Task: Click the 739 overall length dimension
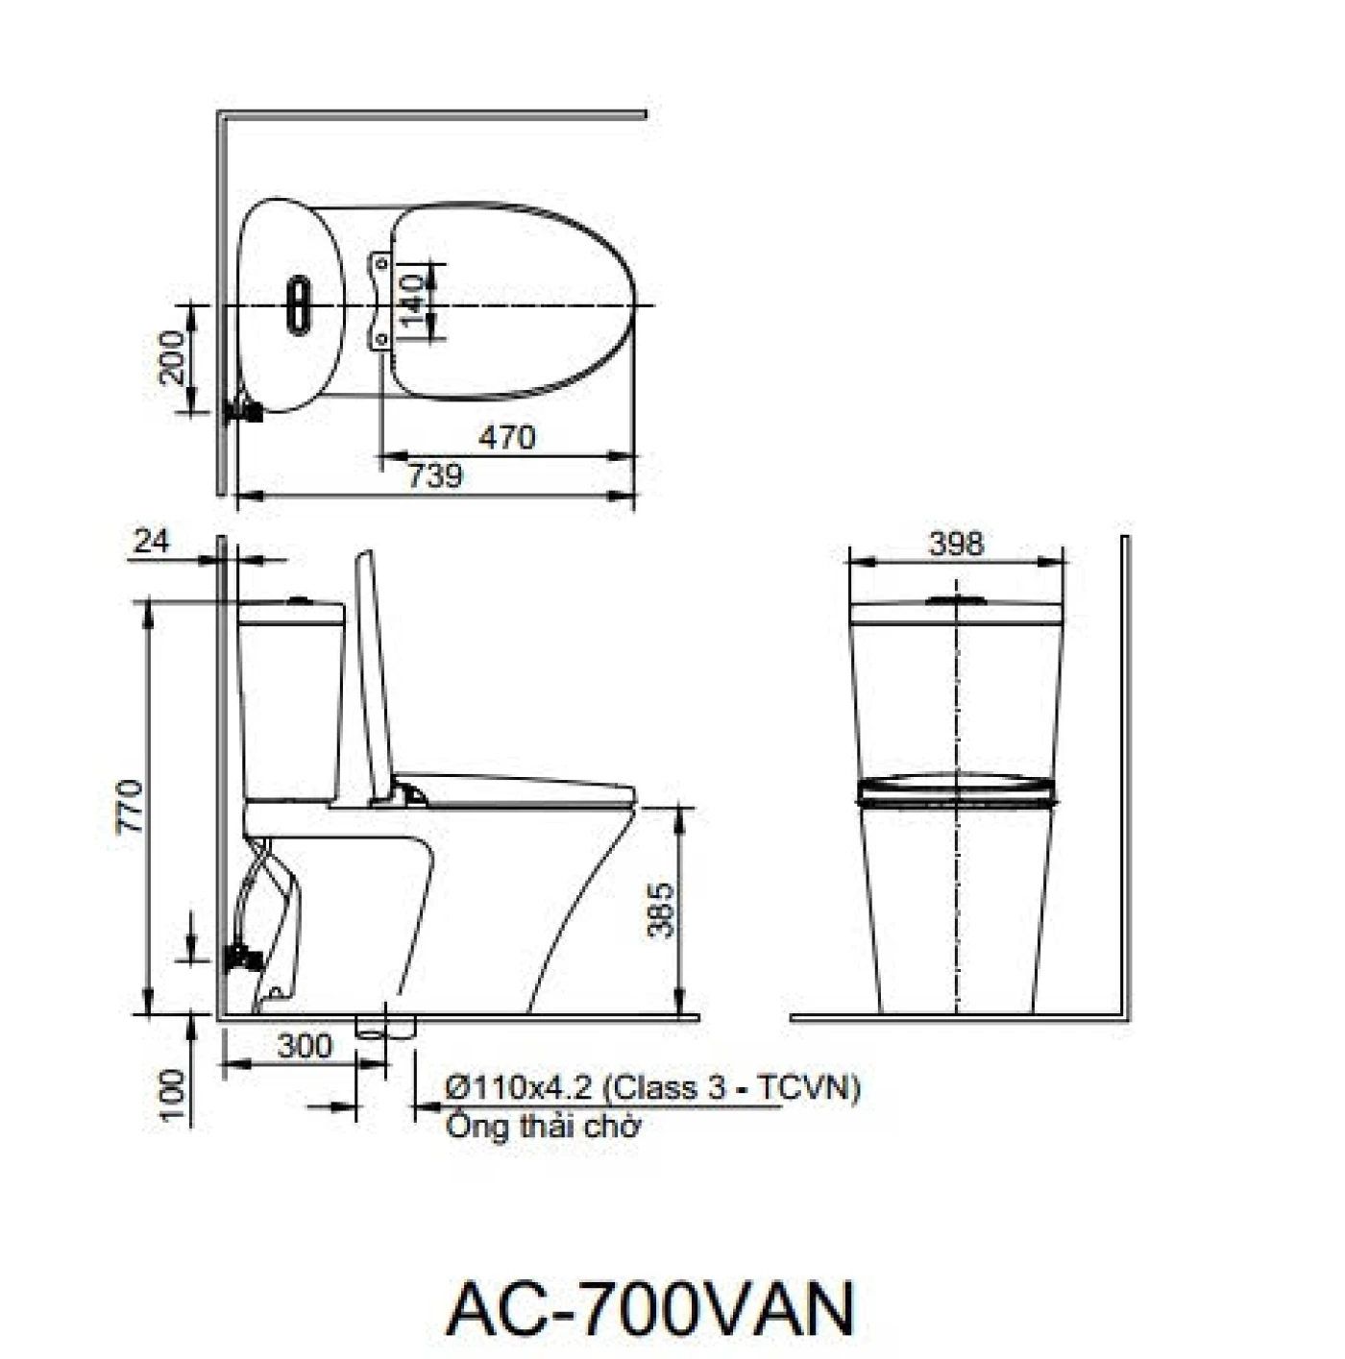(435, 475)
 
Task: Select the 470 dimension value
(506, 437)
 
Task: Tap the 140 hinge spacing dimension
(412, 301)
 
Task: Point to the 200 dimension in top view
(172, 357)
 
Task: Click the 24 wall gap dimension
(151, 542)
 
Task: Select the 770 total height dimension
(131, 807)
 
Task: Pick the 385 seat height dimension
(661, 910)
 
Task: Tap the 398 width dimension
(956, 544)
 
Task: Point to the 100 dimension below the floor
(172, 1095)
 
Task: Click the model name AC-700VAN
(650, 1308)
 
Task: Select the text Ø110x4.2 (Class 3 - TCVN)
(652, 1087)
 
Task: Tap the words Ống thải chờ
(543, 1126)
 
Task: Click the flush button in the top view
(299, 304)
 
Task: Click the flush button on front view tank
(956, 600)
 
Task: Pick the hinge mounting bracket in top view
(381, 301)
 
